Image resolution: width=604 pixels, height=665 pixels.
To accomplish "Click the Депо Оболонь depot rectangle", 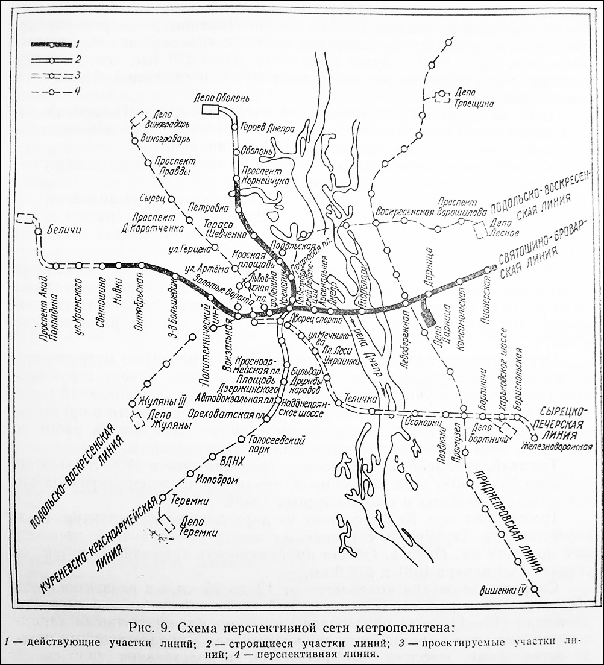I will [212, 109].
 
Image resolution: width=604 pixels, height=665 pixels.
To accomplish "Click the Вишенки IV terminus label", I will [500, 591].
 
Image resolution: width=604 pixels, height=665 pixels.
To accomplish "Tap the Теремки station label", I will [190, 500].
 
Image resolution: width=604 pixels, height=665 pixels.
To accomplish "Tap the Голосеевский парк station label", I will [277, 446].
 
